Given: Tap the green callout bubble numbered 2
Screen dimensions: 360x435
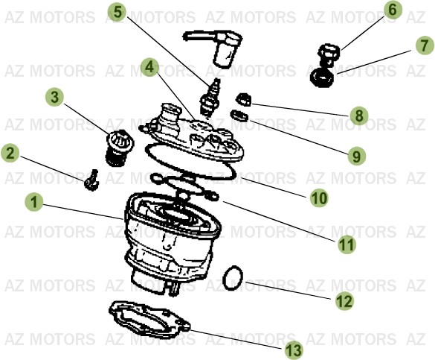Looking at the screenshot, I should click(10, 154).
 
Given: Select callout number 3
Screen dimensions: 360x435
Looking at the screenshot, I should click(54, 97).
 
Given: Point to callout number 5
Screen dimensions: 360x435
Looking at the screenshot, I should click(117, 13).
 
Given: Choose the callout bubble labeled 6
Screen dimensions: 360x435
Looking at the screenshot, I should click(393, 10).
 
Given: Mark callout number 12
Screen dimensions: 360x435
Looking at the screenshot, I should click(344, 300).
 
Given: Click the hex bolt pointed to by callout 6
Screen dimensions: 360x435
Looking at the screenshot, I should click(328, 54).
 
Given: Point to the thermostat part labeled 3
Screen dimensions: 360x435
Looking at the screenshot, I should click(117, 145).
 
